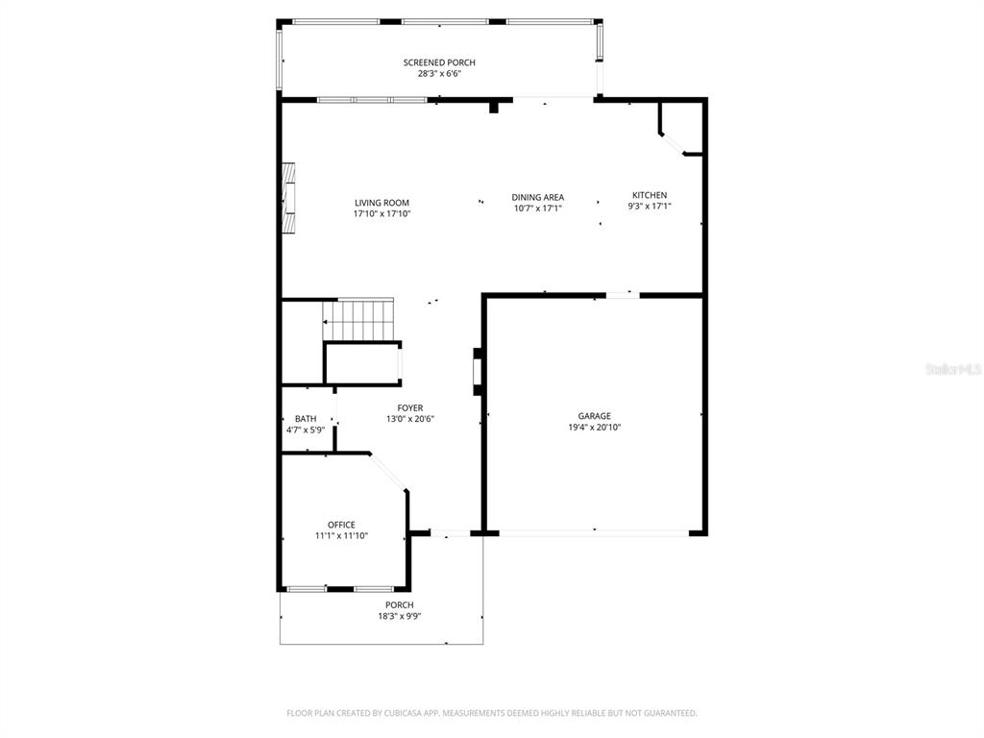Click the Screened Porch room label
(x=439, y=62)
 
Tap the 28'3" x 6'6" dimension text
(x=439, y=74)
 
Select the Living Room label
(x=381, y=203)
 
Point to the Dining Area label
(x=537, y=197)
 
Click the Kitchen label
(x=649, y=195)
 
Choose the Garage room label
(x=594, y=416)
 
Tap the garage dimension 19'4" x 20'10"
(x=594, y=428)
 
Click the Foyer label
(x=410, y=407)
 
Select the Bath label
(x=306, y=419)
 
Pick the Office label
(x=341, y=525)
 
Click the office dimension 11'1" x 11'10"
(x=341, y=536)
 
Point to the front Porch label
(x=399, y=605)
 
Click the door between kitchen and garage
(x=623, y=295)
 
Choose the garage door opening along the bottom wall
(x=594, y=531)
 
